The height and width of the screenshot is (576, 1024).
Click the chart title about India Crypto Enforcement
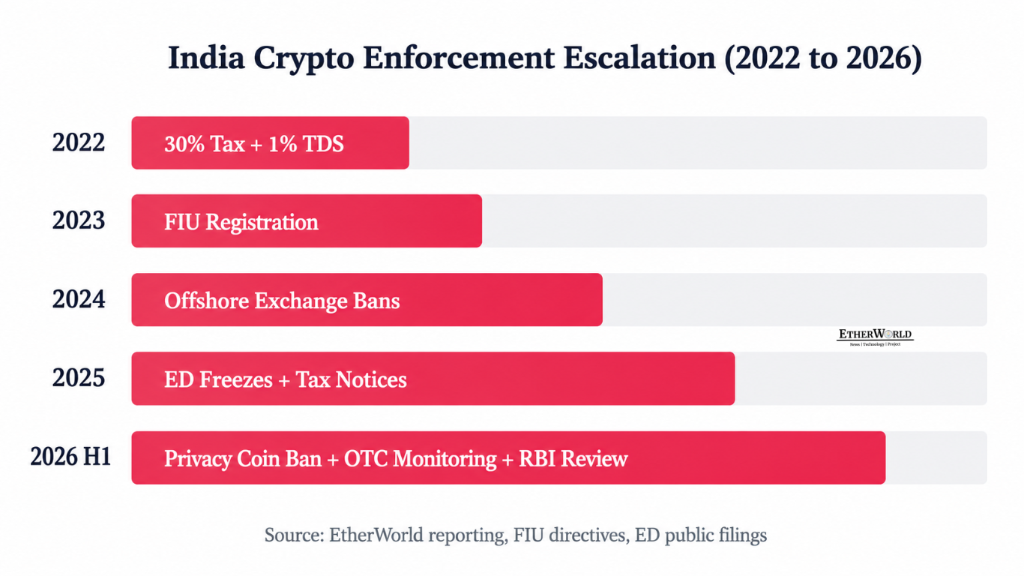(545, 58)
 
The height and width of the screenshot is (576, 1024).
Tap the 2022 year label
(79, 142)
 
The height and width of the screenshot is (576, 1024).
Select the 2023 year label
(79, 220)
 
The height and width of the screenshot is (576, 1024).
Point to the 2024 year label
(79, 300)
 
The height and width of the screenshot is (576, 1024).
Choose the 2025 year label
(79, 378)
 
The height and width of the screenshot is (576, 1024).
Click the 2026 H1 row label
(71, 457)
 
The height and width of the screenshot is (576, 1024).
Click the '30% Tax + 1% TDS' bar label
(254, 144)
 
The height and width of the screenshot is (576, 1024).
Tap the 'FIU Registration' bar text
(241, 223)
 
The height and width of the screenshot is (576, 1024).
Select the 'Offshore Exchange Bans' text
(282, 301)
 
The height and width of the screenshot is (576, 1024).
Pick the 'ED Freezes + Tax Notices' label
(286, 379)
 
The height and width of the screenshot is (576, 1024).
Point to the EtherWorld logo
(875, 337)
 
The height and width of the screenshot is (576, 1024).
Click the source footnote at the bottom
(516, 535)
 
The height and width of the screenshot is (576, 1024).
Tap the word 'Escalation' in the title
(639, 58)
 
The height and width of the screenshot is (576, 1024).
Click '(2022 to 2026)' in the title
(824, 58)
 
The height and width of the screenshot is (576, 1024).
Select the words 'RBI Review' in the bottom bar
(573, 458)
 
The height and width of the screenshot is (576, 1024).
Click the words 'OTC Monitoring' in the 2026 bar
(420, 459)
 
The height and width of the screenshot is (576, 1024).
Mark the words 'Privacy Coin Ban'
(243, 459)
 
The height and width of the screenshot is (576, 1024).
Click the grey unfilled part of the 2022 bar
(698, 142)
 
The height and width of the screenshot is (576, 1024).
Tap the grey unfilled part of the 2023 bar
(735, 221)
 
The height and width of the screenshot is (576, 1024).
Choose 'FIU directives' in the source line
(569, 535)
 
